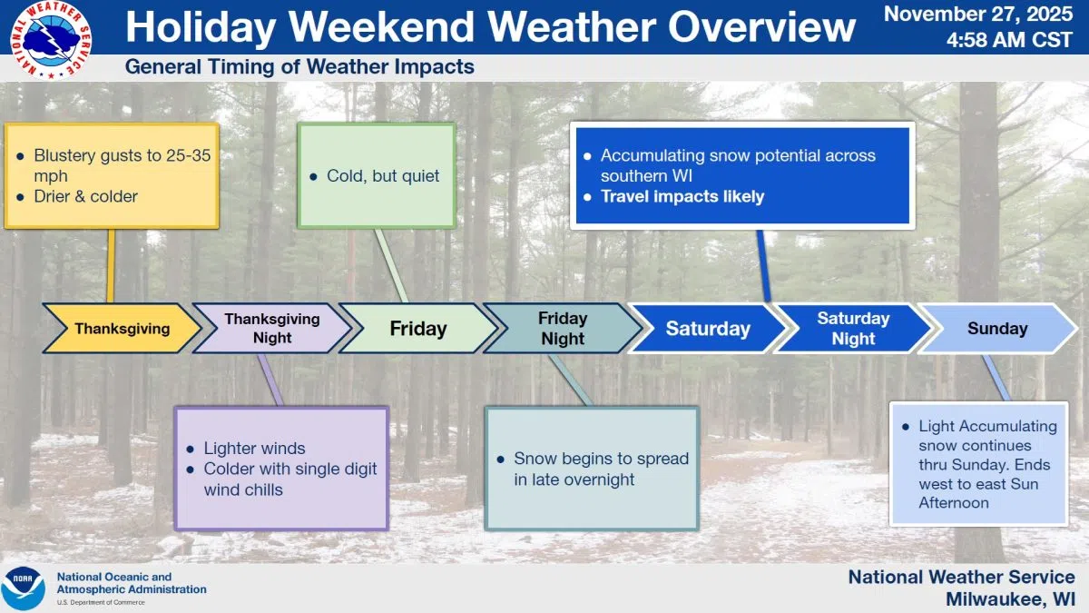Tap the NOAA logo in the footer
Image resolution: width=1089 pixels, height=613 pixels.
23,588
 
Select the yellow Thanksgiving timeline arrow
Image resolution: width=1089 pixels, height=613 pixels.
122,329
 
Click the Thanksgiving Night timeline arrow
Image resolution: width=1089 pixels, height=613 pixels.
272,329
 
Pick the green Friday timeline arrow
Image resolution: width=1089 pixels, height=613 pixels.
417,329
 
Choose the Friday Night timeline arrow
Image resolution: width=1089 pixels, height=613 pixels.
563,329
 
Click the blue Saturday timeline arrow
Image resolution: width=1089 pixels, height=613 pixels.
708,329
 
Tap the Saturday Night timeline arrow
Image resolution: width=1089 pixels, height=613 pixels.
853,329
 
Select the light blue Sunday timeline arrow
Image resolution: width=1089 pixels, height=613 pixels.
996,329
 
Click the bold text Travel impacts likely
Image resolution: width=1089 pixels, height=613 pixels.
682,196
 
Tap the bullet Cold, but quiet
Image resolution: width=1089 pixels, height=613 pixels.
383,176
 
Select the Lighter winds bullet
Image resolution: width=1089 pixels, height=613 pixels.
254,449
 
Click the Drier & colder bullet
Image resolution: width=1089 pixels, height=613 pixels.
85,196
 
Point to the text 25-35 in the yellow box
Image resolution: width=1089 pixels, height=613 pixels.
188,155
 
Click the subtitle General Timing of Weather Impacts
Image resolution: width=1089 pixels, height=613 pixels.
299,67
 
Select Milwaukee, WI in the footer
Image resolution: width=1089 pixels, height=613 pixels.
1009,599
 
